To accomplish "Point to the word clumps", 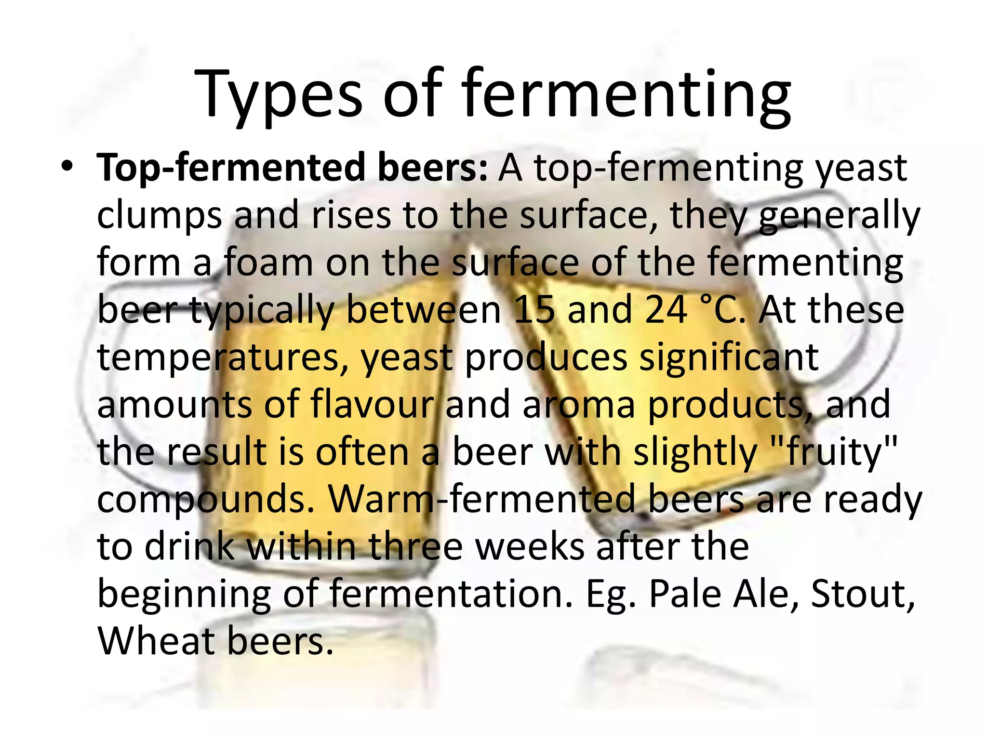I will pyautogui.click(x=160, y=215).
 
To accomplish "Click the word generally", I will pyautogui.click(x=839, y=215).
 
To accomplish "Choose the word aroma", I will pyautogui.click(x=579, y=405).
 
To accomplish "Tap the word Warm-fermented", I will pyautogui.click(x=482, y=499).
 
